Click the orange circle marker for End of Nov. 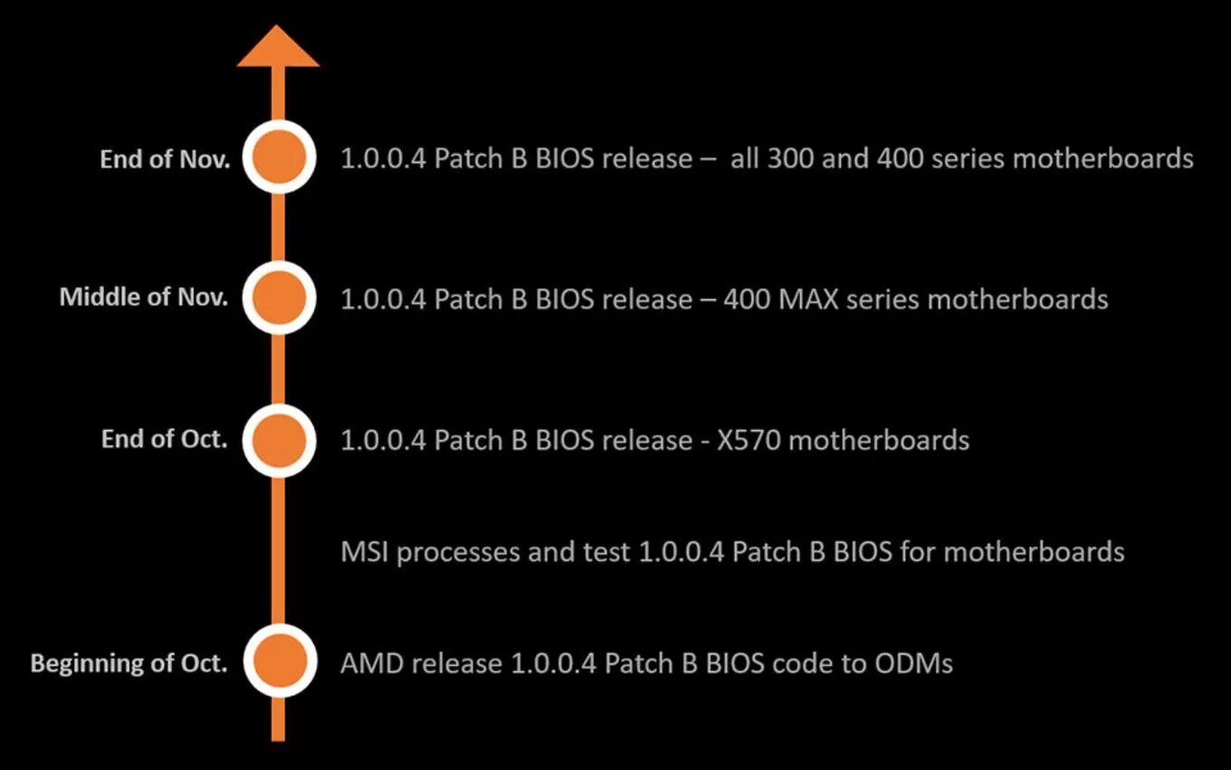[x=279, y=157]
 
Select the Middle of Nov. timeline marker [x=279, y=297]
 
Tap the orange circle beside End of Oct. [x=279, y=439]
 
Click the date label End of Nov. [x=165, y=159]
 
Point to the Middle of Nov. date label [x=144, y=297]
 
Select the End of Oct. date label [x=165, y=439]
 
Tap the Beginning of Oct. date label [x=129, y=663]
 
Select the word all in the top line [x=744, y=159]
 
